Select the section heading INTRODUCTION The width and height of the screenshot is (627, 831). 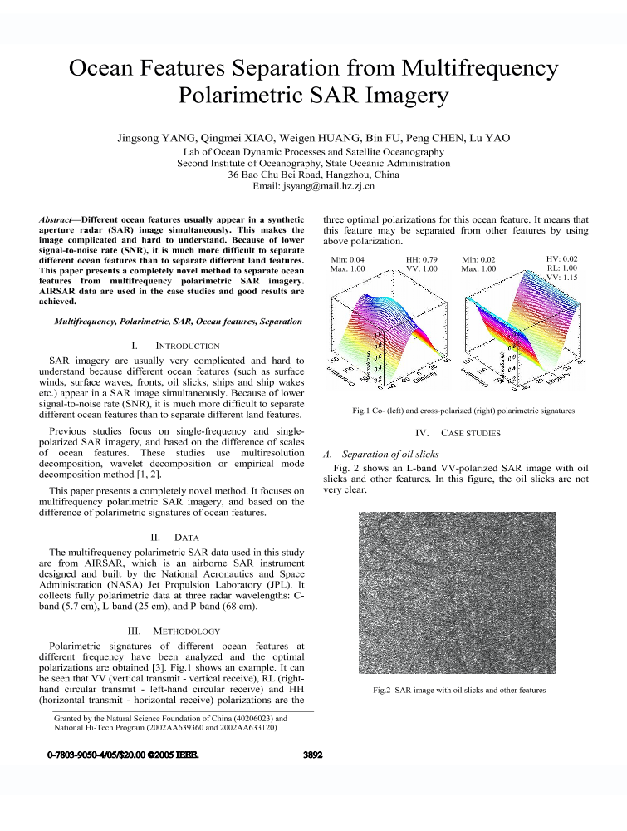187,345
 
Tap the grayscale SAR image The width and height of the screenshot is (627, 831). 458,593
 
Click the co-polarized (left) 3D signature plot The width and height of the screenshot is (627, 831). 386,333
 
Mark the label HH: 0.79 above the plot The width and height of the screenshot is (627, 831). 422,260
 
